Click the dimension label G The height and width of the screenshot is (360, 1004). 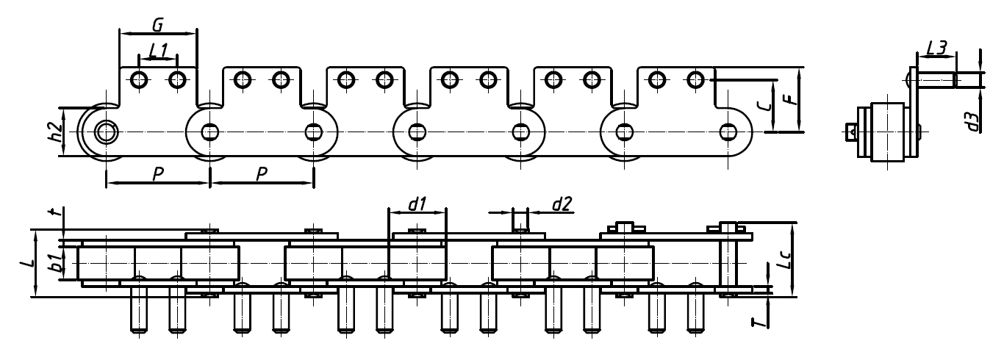(x=157, y=24)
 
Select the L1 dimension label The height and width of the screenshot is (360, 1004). (x=158, y=50)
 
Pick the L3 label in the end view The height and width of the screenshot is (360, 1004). (x=936, y=48)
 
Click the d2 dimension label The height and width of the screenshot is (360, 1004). (x=562, y=205)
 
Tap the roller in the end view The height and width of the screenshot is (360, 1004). (x=888, y=132)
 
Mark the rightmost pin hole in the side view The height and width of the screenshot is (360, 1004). (x=728, y=132)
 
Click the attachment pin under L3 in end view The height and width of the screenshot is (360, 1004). (x=934, y=78)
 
